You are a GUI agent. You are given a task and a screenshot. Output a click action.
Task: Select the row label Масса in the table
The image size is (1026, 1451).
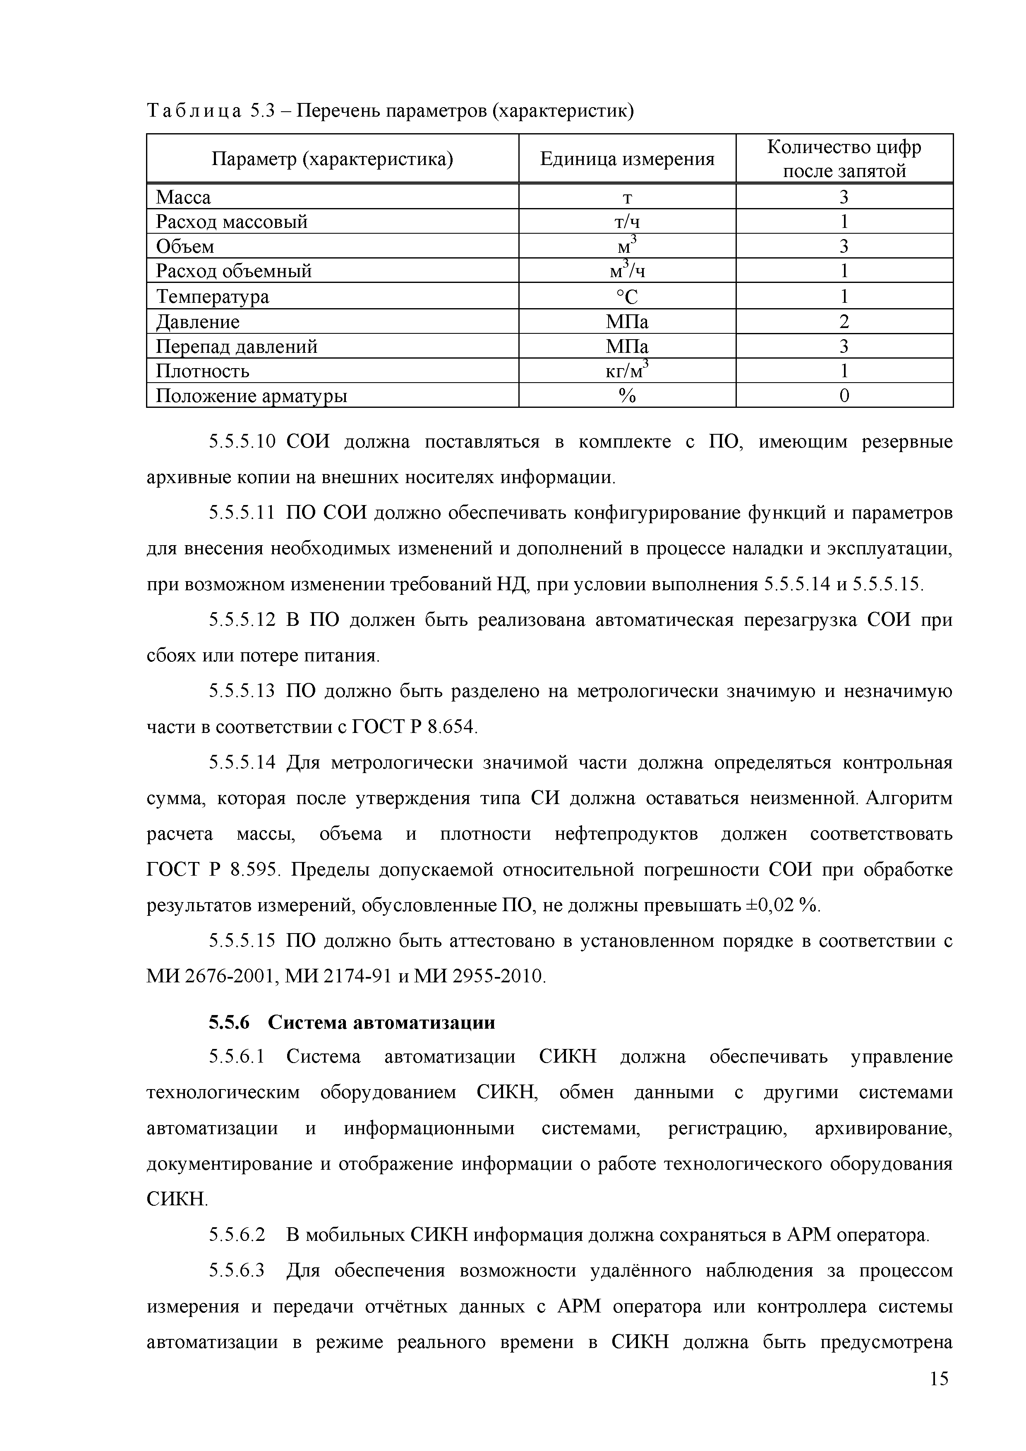coord(183,197)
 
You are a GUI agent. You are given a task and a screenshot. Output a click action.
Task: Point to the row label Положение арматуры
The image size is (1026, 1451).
coord(251,395)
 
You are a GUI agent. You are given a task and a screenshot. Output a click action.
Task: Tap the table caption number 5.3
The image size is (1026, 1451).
coord(261,110)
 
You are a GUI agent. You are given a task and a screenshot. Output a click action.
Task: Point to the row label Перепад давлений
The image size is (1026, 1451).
coord(236,346)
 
